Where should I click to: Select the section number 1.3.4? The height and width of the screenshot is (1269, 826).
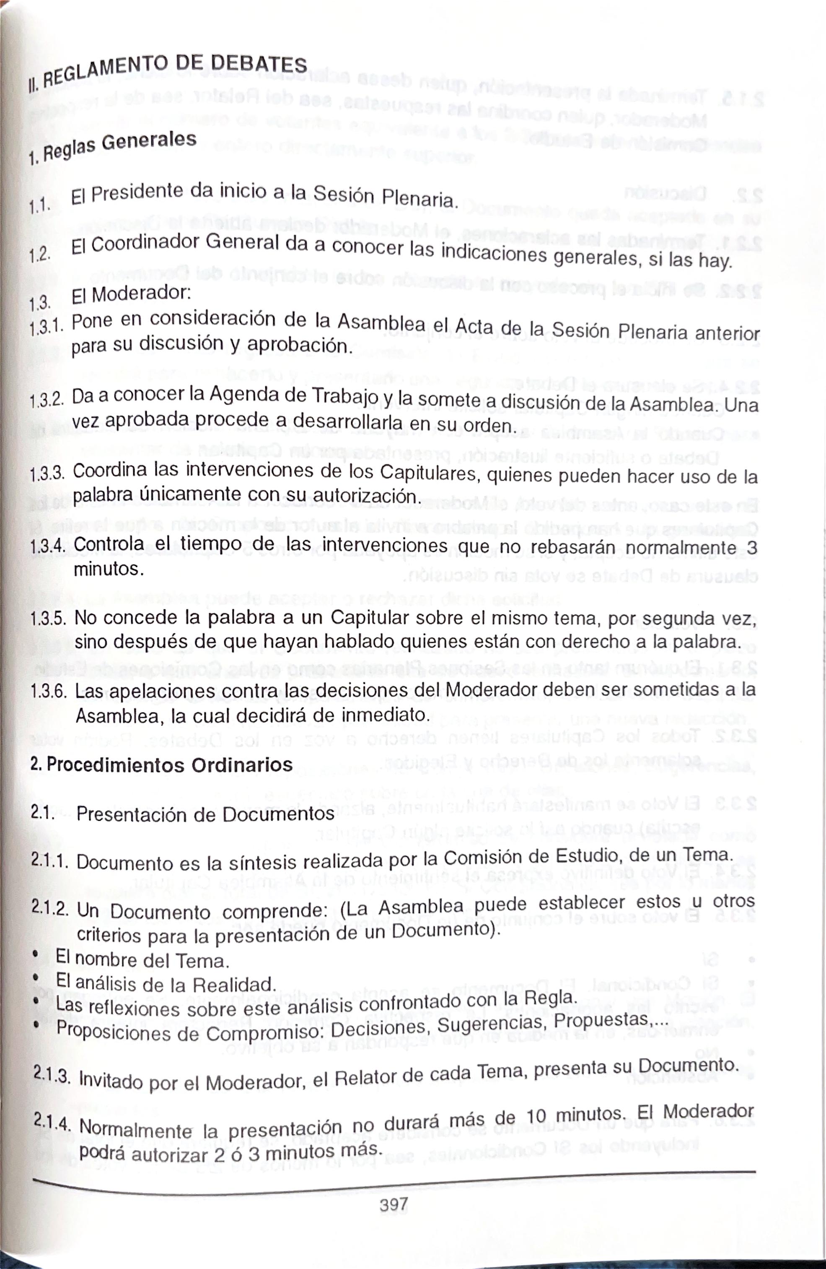(47, 546)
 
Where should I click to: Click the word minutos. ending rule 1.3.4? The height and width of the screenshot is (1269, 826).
(109, 569)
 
